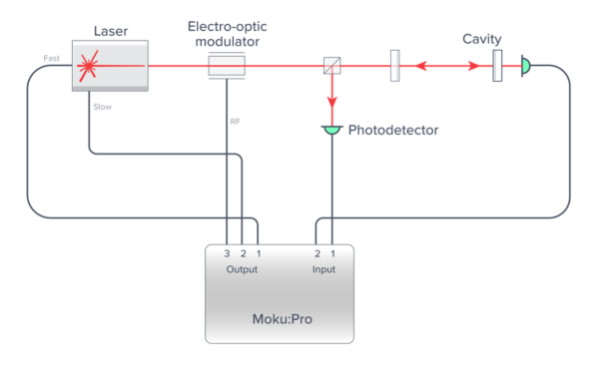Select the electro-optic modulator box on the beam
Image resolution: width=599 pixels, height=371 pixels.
pos(227,67)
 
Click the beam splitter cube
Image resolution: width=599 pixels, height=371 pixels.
pos(329,67)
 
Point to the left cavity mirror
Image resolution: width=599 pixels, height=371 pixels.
pos(394,67)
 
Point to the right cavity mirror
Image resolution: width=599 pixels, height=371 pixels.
pos(496,67)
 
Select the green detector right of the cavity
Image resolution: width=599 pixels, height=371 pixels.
pos(525,67)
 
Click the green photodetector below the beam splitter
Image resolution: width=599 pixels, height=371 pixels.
pos(329,129)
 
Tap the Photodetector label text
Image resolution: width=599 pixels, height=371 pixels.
pos(392,131)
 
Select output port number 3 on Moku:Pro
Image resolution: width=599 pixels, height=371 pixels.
pos(228,255)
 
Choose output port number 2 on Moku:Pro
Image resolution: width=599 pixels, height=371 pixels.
pos(243,255)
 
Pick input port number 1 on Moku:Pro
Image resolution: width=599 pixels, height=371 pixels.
pos(332,255)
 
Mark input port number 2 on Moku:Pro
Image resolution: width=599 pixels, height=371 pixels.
pos(317,255)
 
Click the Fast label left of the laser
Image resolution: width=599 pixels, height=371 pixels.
pos(52,60)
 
